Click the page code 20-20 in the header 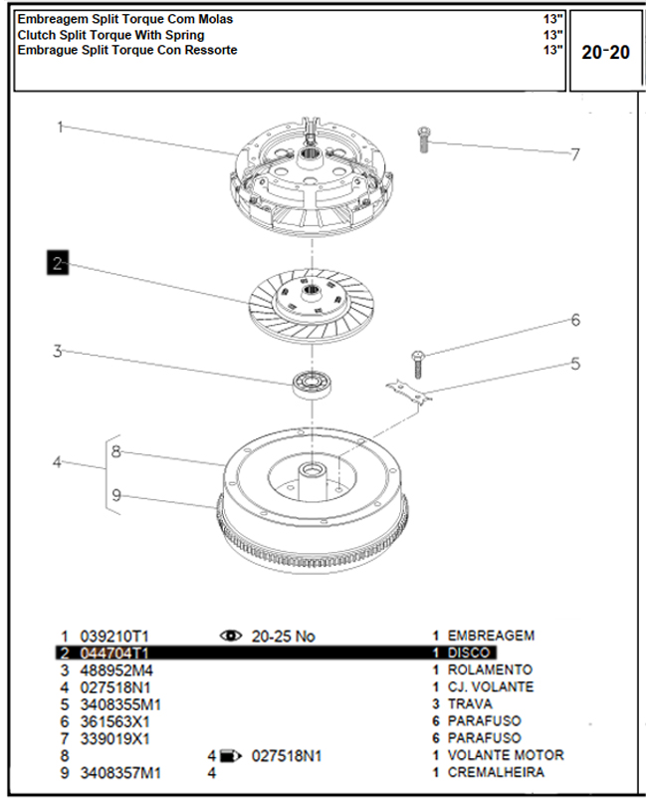click(605, 52)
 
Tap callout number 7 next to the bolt click(574, 154)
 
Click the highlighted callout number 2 click(58, 263)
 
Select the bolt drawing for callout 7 click(424, 138)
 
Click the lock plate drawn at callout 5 click(409, 392)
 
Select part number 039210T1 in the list click(113, 636)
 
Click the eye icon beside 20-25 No click(232, 636)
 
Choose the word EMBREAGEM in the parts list click(491, 636)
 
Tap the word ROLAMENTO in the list click(490, 669)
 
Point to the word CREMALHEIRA click(496, 772)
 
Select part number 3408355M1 click(119, 704)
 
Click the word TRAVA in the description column click(470, 704)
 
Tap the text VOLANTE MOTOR click(505, 755)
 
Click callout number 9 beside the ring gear click(116, 495)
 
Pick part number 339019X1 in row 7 click(114, 738)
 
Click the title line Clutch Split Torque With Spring click(111, 35)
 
